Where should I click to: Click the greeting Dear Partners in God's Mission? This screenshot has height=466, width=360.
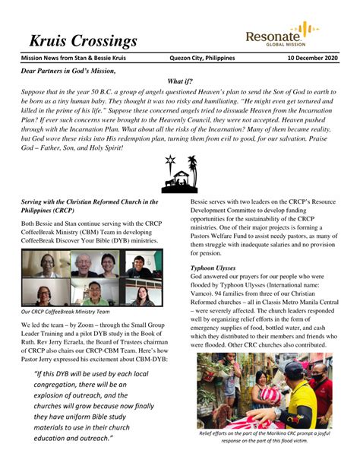coord(69,71)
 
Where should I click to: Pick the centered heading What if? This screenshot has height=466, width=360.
coord(179,81)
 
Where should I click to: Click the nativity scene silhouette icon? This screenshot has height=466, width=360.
coord(179,175)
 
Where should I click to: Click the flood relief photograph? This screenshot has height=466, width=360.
coord(264,390)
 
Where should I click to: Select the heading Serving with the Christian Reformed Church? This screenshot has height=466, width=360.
coord(90,206)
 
